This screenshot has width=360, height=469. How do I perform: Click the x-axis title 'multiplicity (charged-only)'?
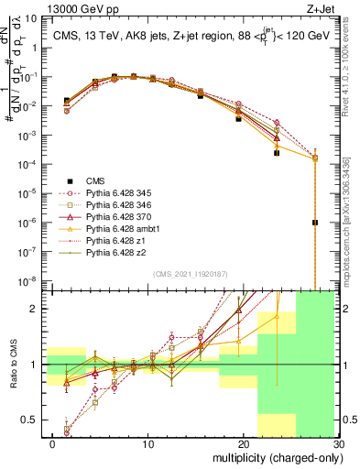276,457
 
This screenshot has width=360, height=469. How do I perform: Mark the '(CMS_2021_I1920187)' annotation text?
191,273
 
